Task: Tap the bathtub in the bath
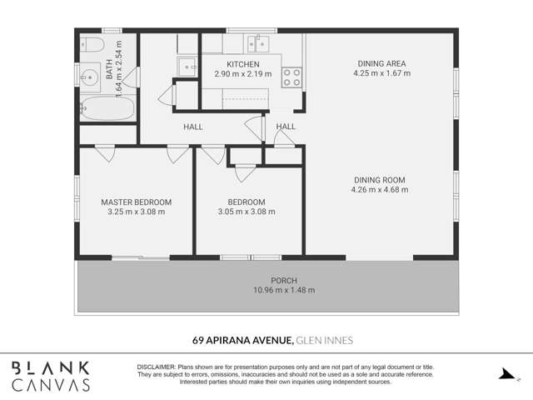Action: tap(107, 108)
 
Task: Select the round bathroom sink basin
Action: tap(89, 77)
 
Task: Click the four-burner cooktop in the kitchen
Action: tap(291, 77)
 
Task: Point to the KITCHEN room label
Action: tap(243, 64)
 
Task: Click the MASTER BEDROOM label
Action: tap(137, 202)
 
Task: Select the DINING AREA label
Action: tap(381, 63)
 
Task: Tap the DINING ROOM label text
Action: tap(380, 180)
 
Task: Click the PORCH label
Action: tap(284, 281)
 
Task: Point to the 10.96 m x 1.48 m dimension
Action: tap(284, 290)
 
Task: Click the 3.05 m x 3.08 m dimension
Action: tap(247, 212)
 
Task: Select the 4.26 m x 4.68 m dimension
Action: tap(380, 189)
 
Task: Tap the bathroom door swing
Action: tap(131, 77)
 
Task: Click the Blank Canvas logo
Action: tap(51, 376)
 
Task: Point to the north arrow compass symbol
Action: tap(508, 374)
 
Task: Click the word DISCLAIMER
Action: tap(157, 367)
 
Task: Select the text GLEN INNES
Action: tap(325, 340)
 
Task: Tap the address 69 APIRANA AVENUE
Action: tap(242, 340)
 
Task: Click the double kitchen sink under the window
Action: tap(258, 43)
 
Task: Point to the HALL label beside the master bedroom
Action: tap(193, 127)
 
